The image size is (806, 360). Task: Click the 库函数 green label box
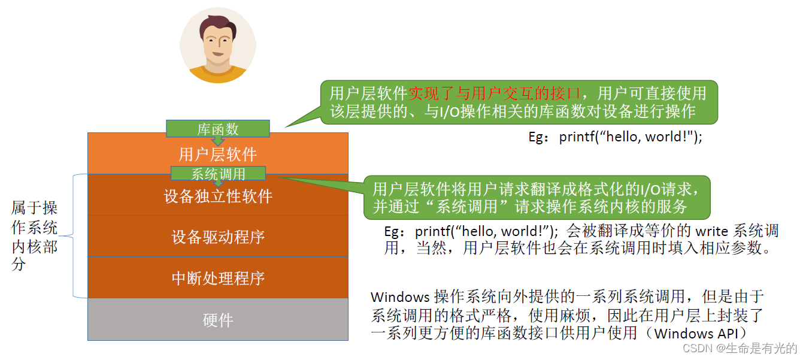pos(217,128)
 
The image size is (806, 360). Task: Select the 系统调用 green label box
pos(217,174)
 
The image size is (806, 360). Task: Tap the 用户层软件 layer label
pos(217,155)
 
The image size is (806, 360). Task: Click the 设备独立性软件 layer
pos(217,196)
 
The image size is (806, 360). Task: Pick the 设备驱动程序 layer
pos(217,237)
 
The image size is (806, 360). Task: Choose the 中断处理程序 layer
pos(217,279)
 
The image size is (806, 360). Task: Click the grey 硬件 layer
pos(217,320)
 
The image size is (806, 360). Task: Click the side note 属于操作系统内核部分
pos(34,235)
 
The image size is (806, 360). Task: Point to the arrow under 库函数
pos(218,140)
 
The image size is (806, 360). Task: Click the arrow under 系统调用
pos(218,183)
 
